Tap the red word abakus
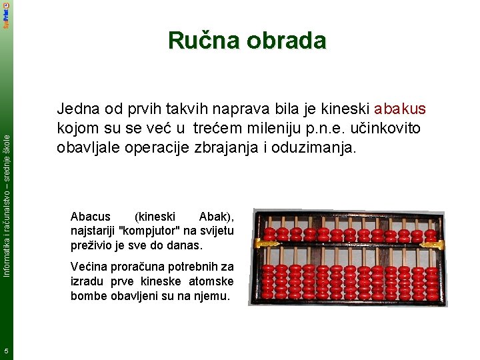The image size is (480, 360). (400, 109)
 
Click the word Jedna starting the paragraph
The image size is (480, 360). (78, 109)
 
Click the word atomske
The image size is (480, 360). (213, 281)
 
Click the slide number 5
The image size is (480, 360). (5, 351)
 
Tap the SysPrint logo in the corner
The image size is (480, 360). (6, 15)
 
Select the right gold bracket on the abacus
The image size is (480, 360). (434, 244)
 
